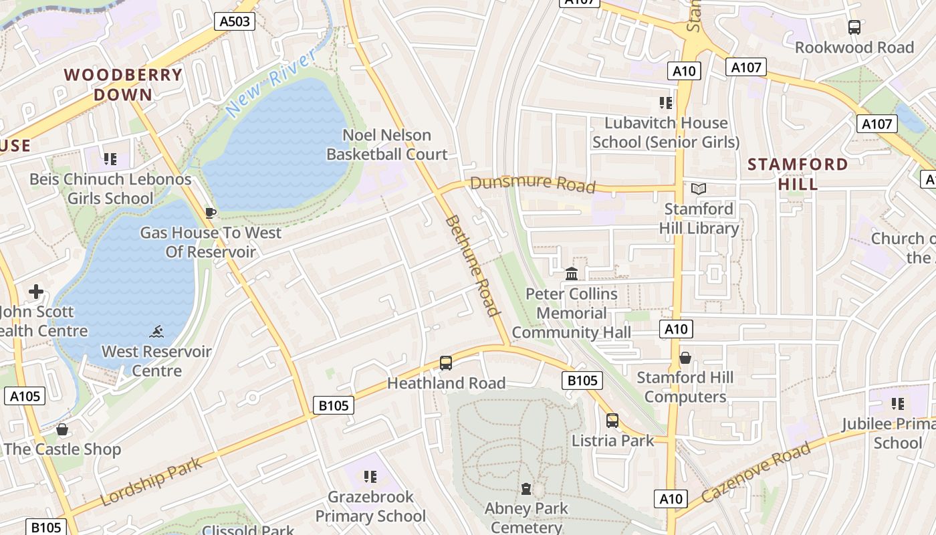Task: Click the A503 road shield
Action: pyautogui.click(x=235, y=21)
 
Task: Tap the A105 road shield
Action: pyautogui.click(x=25, y=396)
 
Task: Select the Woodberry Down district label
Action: pyautogui.click(x=123, y=84)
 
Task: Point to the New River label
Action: pyautogui.click(x=270, y=84)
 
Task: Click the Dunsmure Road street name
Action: pyautogui.click(x=532, y=183)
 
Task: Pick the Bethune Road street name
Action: pyautogui.click(x=472, y=265)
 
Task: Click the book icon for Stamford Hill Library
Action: pyautogui.click(x=699, y=189)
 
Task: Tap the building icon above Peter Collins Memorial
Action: pyautogui.click(x=572, y=274)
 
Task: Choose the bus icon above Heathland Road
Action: pyautogui.click(x=446, y=363)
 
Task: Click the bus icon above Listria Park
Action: pyautogui.click(x=612, y=421)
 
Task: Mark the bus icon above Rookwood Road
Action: pyautogui.click(x=854, y=27)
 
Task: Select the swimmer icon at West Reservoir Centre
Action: pyautogui.click(x=156, y=332)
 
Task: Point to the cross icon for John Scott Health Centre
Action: pyautogui.click(x=36, y=292)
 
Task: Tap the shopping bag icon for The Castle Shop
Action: pyautogui.click(x=62, y=429)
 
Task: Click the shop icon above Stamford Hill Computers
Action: pyautogui.click(x=685, y=358)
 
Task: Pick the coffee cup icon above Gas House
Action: pyautogui.click(x=211, y=213)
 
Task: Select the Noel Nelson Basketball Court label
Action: pyautogui.click(x=386, y=144)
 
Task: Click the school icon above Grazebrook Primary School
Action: pyautogui.click(x=370, y=477)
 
